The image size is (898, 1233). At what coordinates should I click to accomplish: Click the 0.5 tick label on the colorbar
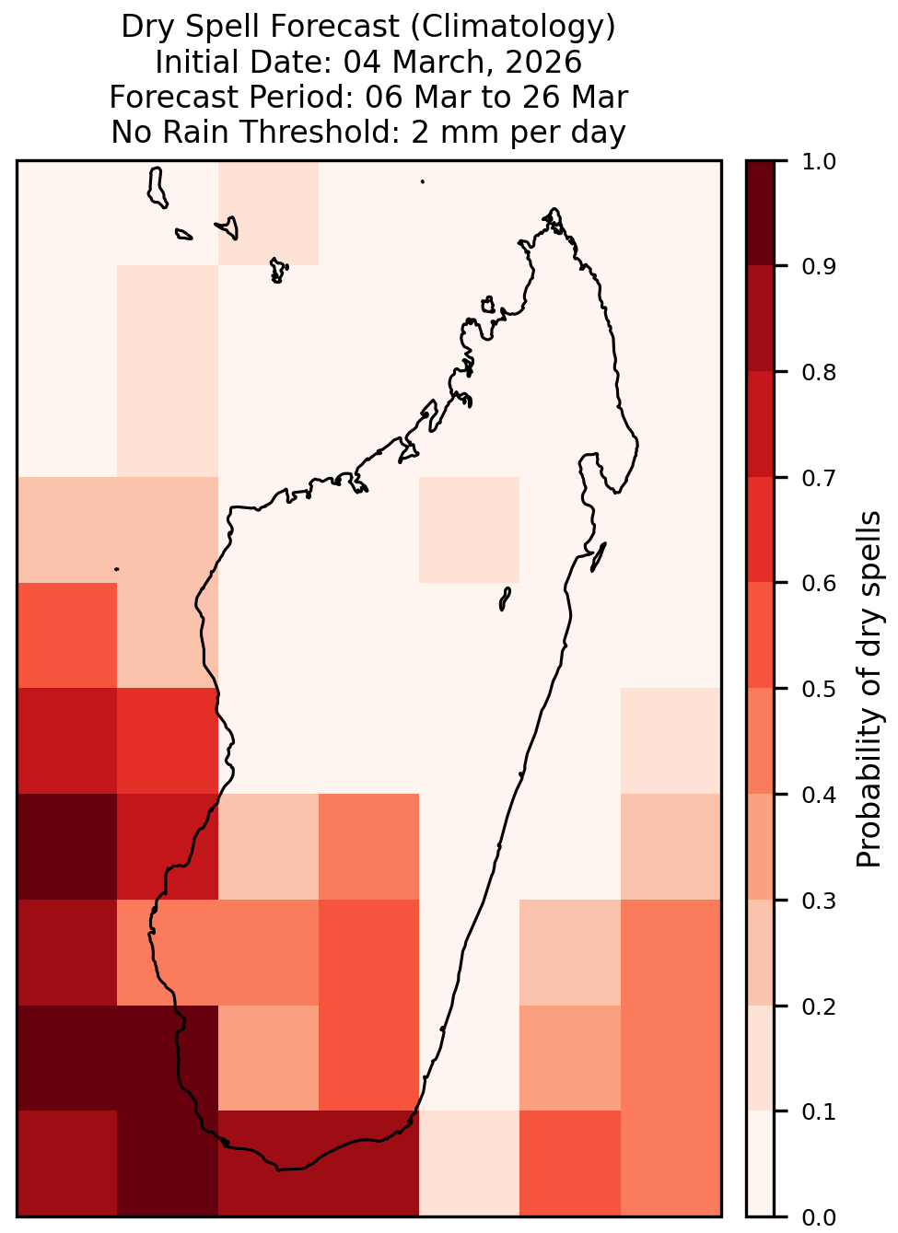(x=819, y=690)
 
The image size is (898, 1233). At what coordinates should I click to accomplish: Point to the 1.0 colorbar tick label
(x=819, y=162)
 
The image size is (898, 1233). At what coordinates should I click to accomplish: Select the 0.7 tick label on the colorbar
(x=819, y=478)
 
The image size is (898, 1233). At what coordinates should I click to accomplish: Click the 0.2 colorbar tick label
(x=819, y=1006)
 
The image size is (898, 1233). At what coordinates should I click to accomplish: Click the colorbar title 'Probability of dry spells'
(x=869, y=689)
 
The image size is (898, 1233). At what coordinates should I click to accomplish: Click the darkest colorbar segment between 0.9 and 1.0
(x=760, y=214)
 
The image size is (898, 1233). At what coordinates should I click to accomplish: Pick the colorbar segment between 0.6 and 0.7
(x=760, y=530)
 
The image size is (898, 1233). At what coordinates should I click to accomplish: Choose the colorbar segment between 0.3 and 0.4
(x=760, y=846)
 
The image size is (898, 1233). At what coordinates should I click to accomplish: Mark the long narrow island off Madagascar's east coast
(x=599, y=557)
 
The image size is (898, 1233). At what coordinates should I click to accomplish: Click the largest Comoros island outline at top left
(x=157, y=188)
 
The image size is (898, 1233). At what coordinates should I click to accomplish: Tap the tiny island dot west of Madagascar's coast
(x=116, y=569)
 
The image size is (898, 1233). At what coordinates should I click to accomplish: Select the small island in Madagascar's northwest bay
(x=488, y=305)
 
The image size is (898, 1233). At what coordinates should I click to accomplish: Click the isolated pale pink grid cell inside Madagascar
(x=469, y=529)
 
